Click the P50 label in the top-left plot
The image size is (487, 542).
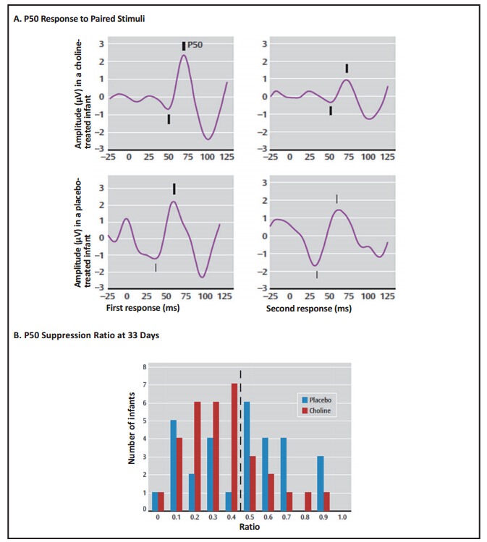(x=195, y=45)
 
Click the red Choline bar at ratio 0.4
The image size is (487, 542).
(x=234, y=447)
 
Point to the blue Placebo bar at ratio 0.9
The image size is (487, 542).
(x=321, y=483)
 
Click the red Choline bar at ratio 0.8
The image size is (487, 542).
(x=308, y=501)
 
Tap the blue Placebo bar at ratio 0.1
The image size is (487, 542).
(x=173, y=465)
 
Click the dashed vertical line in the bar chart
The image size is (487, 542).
(x=240, y=434)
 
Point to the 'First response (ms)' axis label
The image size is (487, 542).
(x=137, y=308)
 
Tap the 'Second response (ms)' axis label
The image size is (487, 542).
(x=309, y=309)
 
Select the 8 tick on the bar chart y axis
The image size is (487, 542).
(x=145, y=368)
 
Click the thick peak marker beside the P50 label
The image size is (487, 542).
(x=184, y=46)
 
